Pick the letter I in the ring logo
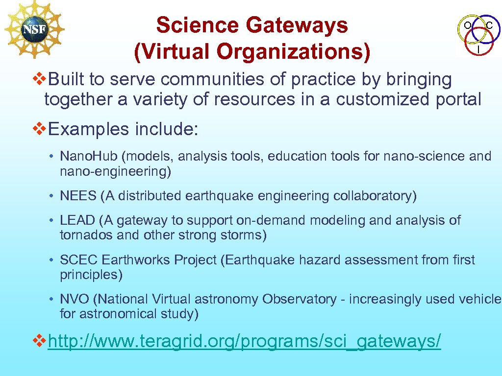[x=478, y=49]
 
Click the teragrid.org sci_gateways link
[x=244, y=341]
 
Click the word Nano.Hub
[x=90, y=156]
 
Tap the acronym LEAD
[x=77, y=220]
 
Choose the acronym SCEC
[x=78, y=259]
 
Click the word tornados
[x=81, y=235]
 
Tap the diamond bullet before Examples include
[x=38, y=129]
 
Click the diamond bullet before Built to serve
[x=38, y=78]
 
